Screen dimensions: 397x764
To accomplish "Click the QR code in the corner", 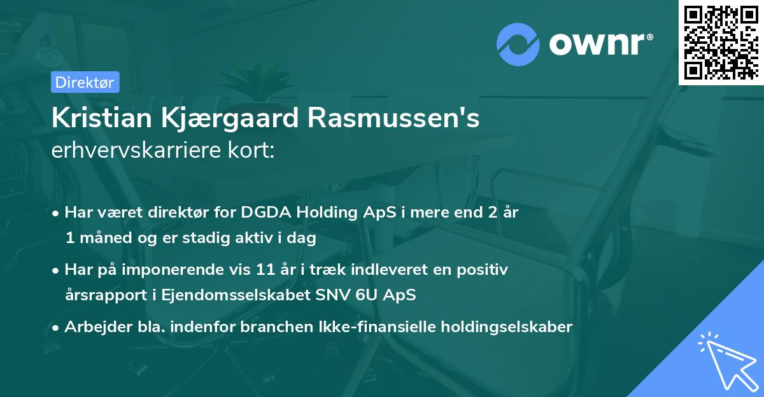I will (720, 42).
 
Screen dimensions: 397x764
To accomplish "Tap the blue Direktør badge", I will (85, 81).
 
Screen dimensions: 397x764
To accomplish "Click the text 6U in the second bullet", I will (376, 295).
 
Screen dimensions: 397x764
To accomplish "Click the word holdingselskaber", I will (508, 327).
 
